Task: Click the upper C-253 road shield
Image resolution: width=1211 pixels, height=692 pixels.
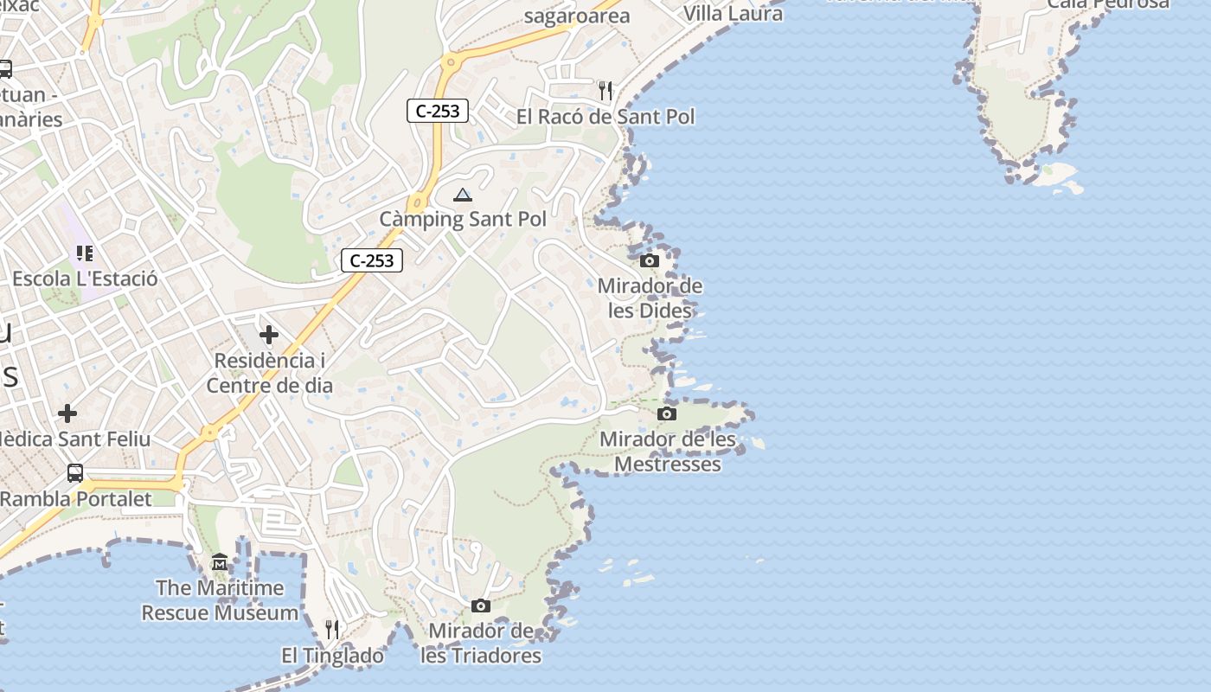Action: [x=438, y=111]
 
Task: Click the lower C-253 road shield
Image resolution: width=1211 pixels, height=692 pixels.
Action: [x=372, y=260]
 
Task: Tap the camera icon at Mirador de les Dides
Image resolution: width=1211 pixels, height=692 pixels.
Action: [x=649, y=260]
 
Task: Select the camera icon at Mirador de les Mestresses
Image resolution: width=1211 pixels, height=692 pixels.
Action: [x=666, y=413]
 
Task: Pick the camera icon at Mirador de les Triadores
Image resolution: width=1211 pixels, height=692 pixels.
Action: [x=481, y=605]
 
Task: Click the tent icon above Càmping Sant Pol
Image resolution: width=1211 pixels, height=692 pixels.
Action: [x=463, y=195]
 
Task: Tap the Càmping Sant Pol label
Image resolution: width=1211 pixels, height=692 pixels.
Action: [x=463, y=220]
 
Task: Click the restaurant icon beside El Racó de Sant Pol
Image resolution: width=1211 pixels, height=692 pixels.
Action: [x=605, y=90]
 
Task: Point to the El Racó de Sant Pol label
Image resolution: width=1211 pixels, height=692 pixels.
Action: [x=605, y=117]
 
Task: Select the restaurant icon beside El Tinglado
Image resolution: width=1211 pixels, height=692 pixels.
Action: [x=332, y=629]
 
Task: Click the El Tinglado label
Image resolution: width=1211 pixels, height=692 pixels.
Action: [x=333, y=657]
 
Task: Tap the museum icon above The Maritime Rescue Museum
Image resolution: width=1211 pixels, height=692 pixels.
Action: [x=219, y=562]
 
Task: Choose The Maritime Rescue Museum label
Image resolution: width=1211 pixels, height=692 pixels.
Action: [x=220, y=600]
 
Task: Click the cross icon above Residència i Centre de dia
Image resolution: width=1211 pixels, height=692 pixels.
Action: [x=269, y=334]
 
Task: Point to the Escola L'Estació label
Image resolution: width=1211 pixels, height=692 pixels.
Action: [x=85, y=279]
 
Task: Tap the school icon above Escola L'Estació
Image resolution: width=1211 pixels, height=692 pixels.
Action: [x=85, y=253]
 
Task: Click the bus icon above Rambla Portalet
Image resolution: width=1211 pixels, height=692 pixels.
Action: [x=75, y=473]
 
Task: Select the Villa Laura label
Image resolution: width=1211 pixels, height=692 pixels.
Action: [x=733, y=14]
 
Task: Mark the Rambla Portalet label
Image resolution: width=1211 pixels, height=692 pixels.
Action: [x=76, y=499]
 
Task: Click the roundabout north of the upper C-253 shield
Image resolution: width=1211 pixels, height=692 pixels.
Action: [x=450, y=62]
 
